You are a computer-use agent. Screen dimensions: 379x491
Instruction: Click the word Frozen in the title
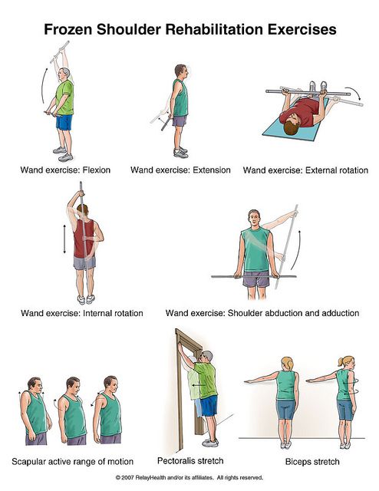click(68, 29)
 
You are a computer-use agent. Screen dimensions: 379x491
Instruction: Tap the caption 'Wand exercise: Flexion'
click(65, 170)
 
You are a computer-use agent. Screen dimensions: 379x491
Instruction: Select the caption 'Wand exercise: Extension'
click(180, 170)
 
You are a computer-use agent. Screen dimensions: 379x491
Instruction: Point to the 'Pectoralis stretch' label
click(190, 460)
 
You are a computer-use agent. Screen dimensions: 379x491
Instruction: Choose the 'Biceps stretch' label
click(312, 462)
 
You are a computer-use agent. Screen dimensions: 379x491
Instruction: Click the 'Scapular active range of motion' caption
click(72, 462)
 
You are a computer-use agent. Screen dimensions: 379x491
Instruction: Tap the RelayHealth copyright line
click(189, 477)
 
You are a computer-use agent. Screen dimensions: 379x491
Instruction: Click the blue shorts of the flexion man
click(64, 122)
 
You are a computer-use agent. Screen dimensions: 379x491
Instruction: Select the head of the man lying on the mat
click(292, 126)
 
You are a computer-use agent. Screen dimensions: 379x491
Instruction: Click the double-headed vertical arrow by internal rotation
click(64, 239)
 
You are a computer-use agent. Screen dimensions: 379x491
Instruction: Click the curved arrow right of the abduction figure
click(298, 251)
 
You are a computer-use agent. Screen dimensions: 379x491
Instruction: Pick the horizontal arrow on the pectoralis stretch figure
click(198, 385)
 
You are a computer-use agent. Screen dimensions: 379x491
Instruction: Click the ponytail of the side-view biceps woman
click(341, 361)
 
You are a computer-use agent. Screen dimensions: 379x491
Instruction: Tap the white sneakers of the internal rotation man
click(86, 299)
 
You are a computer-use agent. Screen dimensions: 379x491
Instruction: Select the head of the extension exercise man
click(181, 71)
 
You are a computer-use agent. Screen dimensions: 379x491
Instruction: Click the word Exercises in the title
click(302, 29)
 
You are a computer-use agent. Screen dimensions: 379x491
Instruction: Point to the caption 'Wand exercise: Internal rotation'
click(82, 313)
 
